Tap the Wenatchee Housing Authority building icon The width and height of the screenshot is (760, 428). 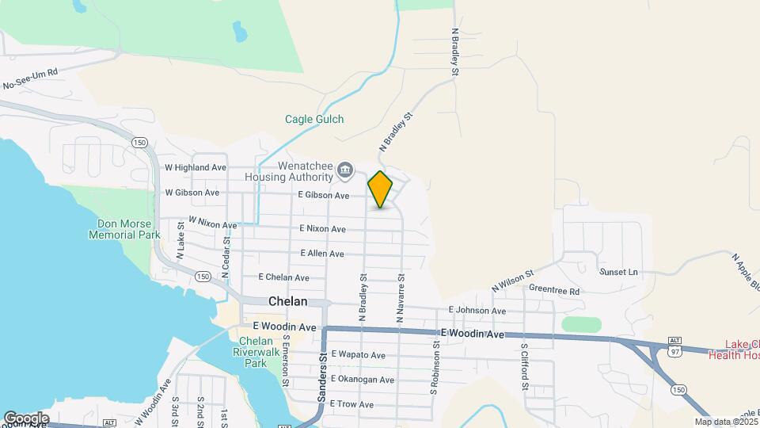tap(345, 169)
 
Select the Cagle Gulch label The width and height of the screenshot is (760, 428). tap(314, 119)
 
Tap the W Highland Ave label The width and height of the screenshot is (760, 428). tap(196, 167)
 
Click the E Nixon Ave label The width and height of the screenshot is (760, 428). tap(322, 229)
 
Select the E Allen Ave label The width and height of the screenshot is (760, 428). tap(322, 254)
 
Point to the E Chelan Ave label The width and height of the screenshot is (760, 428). tap(284, 277)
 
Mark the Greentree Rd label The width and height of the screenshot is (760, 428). tap(554, 291)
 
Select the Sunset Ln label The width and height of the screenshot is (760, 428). tap(618, 272)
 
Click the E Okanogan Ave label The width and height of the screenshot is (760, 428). tap(363, 380)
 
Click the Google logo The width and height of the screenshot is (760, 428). tap(26, 418)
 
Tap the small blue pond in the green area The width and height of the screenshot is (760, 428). tap(237, 32)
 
